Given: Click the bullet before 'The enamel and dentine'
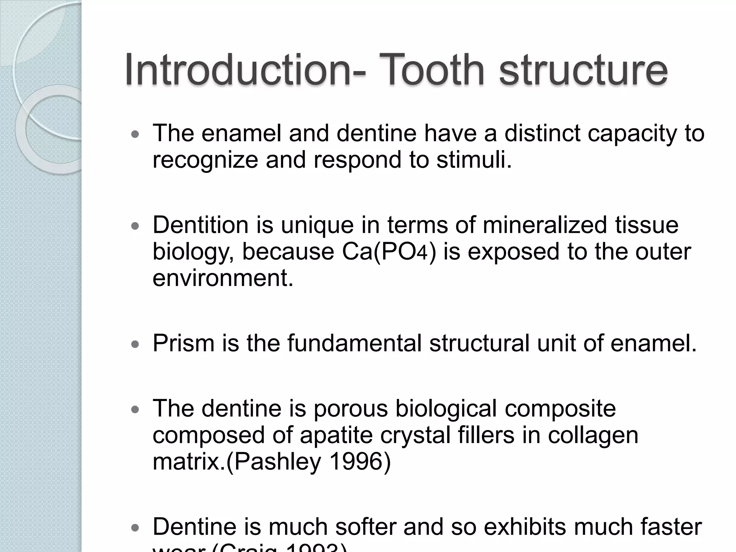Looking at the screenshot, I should point(135,135).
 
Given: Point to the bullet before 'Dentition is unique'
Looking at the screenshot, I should point(135,226).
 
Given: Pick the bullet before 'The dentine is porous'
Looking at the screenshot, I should point(135,410).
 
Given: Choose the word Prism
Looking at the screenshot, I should point(183,343).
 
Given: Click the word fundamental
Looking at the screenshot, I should point(354,343).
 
